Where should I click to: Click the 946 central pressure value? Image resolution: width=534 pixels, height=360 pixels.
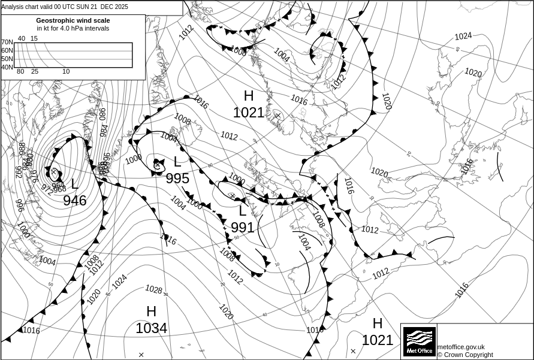pos(75,200)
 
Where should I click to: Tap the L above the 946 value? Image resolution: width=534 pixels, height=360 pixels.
pos(75,184)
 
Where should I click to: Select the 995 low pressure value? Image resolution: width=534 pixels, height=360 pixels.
pos(177,179)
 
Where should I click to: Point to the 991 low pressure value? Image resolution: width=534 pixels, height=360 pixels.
pos(243,228)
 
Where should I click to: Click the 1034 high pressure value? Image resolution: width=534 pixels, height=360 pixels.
pos(151,328)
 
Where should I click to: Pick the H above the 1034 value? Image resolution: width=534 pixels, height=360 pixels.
pos(151,311)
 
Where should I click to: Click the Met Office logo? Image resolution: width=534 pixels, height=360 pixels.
pos(419,341)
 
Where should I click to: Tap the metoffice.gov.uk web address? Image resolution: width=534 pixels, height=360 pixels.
pos(461,347)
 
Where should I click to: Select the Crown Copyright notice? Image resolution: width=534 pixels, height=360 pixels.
pos(465,355)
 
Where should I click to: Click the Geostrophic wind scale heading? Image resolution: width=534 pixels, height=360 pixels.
pos(73,20)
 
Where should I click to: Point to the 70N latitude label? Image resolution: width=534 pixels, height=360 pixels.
pos(7,42)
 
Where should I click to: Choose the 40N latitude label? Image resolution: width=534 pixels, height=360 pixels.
pos(7,67)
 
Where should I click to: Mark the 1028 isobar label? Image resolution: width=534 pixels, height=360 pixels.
pos(153,290)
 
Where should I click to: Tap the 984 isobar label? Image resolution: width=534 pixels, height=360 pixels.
pos(104,130)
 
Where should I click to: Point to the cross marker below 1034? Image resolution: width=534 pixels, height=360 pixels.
pos(141,355)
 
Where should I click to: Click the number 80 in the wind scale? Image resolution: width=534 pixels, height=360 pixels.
pos(20,72)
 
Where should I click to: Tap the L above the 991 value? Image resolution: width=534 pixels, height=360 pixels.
pos(243,211)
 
